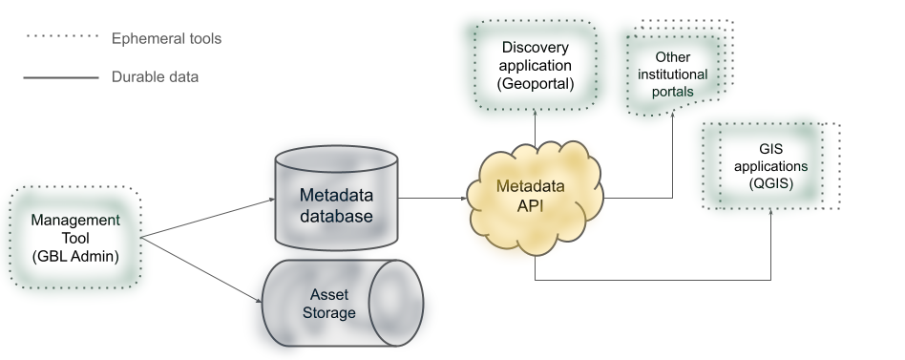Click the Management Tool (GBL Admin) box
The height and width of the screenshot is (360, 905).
(74, 238)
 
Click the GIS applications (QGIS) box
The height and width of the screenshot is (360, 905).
(769, 165)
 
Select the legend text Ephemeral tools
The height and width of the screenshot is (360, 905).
(166, 39)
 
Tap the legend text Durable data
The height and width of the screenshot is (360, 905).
(155, 76)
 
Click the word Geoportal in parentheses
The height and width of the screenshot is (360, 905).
(535, 84)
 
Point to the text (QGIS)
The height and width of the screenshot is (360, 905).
(770, 181)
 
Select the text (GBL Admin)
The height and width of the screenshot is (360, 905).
(74, 255)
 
